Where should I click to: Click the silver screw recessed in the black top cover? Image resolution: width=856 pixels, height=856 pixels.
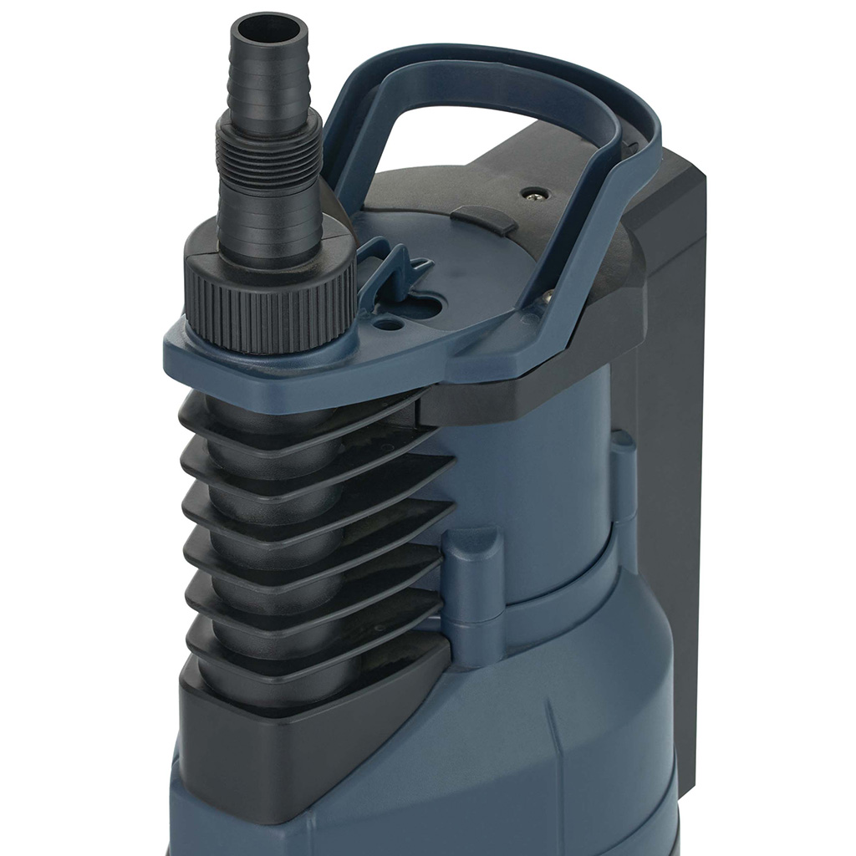point(529,193)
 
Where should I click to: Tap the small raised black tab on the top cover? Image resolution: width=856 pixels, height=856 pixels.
point(484,219)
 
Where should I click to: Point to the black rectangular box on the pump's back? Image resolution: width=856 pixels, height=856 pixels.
point(669,418)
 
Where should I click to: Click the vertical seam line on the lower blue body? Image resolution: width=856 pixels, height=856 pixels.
point(555,736)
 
